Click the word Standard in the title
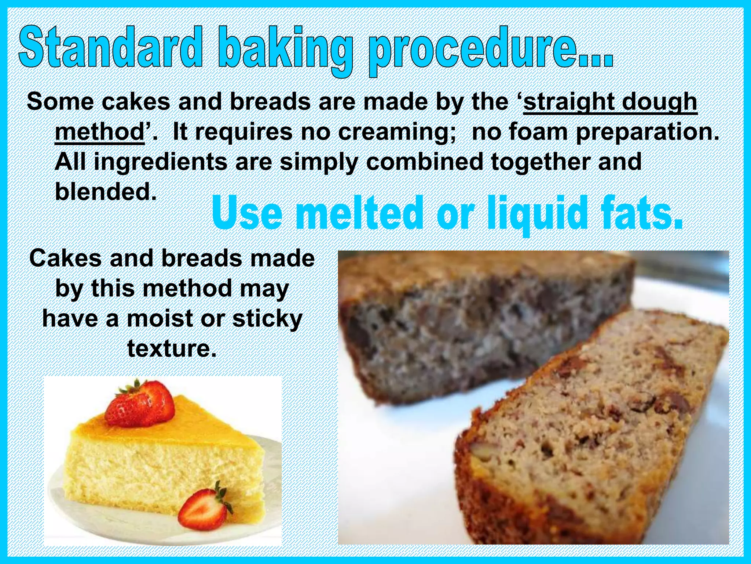110,47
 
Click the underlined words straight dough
610,102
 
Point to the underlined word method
100,132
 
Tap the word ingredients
160,162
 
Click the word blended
106,191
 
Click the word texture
172,348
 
